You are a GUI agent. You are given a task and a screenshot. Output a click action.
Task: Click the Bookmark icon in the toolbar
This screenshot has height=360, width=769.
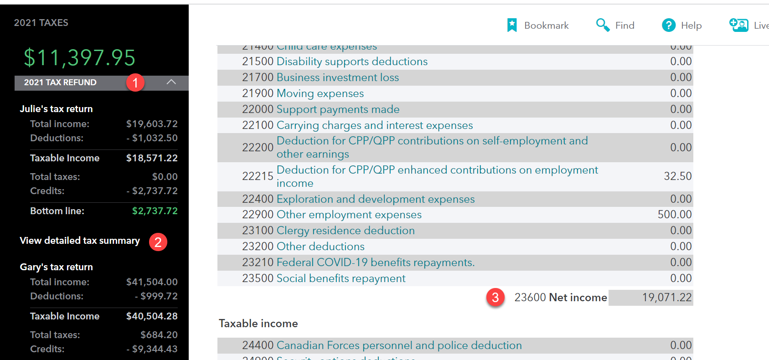coord(512,25)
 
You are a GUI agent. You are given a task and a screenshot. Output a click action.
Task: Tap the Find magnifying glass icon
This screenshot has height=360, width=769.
coord(603,25)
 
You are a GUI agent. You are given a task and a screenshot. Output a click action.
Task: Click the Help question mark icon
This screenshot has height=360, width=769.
coord(669,25)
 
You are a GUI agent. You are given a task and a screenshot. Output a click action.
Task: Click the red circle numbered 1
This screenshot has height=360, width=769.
coord(135,82)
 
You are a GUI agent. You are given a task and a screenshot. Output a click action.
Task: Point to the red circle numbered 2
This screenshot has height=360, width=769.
coord(158,242)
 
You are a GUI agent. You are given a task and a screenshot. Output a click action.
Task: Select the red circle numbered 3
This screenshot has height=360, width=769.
coord(495,298)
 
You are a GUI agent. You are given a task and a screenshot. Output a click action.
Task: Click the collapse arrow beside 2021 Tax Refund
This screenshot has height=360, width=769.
coord(171,82)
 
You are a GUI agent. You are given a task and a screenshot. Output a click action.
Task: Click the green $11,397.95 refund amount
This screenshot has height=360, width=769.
coord(80,58)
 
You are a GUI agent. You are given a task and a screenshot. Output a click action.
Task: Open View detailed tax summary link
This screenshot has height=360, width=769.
coord(80,241)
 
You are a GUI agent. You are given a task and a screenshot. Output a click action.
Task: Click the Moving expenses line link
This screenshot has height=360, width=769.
coord(320,93)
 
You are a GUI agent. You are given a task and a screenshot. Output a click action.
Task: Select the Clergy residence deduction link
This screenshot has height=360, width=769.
coord(346,231)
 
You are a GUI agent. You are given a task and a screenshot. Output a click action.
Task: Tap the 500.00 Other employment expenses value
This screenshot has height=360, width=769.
coord(675,215)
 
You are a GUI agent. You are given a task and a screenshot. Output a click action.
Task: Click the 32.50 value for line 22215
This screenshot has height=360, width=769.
coord(677,176)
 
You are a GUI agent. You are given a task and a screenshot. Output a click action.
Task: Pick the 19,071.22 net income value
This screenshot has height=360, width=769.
coord(667,298)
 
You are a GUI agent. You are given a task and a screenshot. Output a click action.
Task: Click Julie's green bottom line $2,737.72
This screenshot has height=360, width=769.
coord(155,211)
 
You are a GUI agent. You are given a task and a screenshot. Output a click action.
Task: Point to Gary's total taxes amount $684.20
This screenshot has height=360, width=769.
coord(159,335)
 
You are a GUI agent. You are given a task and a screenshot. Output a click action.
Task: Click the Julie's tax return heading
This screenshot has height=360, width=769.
coord(56,109)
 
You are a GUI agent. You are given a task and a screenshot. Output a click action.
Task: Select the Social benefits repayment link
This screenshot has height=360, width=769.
coord(341,278)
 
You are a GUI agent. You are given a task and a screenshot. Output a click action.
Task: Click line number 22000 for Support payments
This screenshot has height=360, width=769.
coord(258,109)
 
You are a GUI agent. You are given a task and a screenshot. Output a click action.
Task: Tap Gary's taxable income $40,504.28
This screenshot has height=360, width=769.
coord(152,316)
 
